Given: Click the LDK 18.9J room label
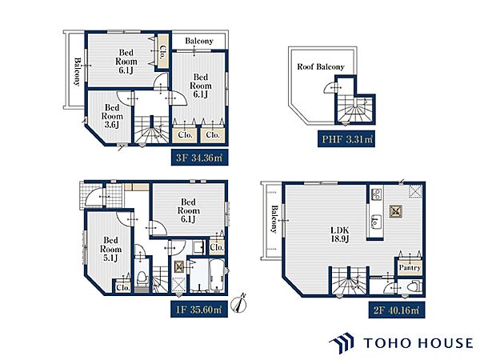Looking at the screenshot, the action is click(340, 234).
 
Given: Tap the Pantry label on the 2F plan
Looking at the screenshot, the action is click(410, 267).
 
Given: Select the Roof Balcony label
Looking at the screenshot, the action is click(321, 66).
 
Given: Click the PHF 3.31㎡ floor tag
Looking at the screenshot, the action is click(346, 139).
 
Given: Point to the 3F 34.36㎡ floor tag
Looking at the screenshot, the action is click(199, 158).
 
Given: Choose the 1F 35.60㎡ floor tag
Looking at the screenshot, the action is click(199, 310).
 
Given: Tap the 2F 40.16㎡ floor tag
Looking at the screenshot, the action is click(397, 310).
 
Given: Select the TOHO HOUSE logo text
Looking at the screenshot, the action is click(418, 342).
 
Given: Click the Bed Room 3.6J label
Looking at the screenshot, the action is click(112, 116).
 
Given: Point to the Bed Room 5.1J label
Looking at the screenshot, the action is click(111, 249).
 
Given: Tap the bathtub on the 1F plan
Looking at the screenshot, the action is click(217, 274).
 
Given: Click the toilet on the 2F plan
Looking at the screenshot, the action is click(415, 286).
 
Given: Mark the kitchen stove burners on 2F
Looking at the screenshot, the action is click(376, 194).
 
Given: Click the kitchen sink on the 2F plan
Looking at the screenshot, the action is click(375, 221).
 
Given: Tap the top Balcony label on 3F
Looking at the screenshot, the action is click(199, 41).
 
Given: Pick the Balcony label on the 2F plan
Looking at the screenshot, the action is click(274, 219).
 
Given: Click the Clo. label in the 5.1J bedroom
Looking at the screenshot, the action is click(123, 288).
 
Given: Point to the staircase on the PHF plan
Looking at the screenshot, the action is click(354, 109).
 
